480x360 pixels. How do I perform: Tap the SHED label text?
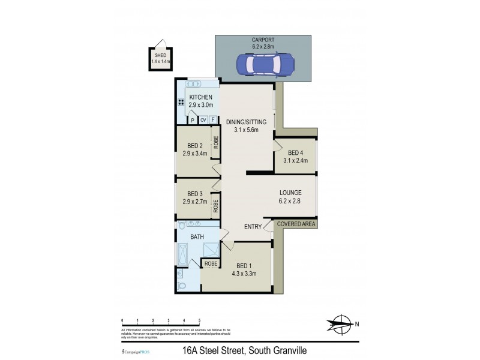coord(160,55)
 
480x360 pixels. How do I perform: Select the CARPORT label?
coord(263,40)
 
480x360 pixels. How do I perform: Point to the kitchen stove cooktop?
coord(180,102)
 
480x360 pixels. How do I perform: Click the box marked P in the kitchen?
coord(193,119)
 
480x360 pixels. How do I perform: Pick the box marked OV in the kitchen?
coord(203,119)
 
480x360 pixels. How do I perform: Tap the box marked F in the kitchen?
coord(212,119)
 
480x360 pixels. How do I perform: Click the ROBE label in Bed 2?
coord(215,145)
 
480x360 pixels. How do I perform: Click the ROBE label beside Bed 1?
coord(211,263)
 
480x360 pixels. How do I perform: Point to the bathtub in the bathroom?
coord(181,254)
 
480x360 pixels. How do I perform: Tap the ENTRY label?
coord(252,226)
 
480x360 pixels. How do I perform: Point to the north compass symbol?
coord(340,325)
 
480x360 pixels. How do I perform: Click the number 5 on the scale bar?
coord(199,321)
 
